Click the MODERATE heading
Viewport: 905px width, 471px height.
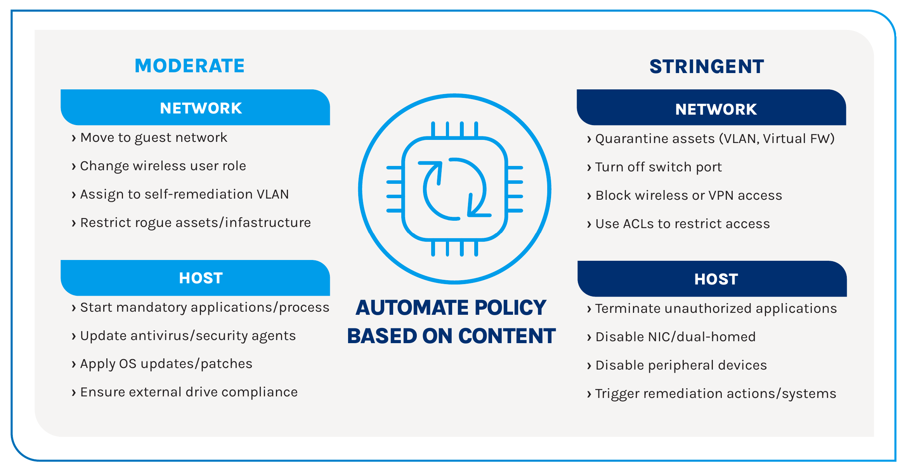[189, 66]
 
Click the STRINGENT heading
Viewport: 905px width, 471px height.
[707, 66]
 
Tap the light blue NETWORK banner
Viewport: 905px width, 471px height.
[195, 107]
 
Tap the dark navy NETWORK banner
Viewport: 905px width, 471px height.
[711, 107]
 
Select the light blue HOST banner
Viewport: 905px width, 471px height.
[195, 278]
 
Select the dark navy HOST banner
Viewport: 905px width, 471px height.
[712, 279]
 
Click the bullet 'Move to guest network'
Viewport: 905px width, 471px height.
[149, 138]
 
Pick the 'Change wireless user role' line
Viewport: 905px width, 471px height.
[159, 166]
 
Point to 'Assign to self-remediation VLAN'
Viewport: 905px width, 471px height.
[180, 194]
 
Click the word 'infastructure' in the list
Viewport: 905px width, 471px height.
[268, 222]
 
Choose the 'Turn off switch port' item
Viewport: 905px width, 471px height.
[654, 167]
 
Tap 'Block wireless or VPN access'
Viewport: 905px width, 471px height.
[684, 195]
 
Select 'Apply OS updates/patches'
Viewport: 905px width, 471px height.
[162, 364]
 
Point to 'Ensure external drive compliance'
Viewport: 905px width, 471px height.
[184, 392]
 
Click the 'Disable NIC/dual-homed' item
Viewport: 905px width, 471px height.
[671, 337]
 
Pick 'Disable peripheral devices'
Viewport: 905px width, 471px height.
[677, 365]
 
